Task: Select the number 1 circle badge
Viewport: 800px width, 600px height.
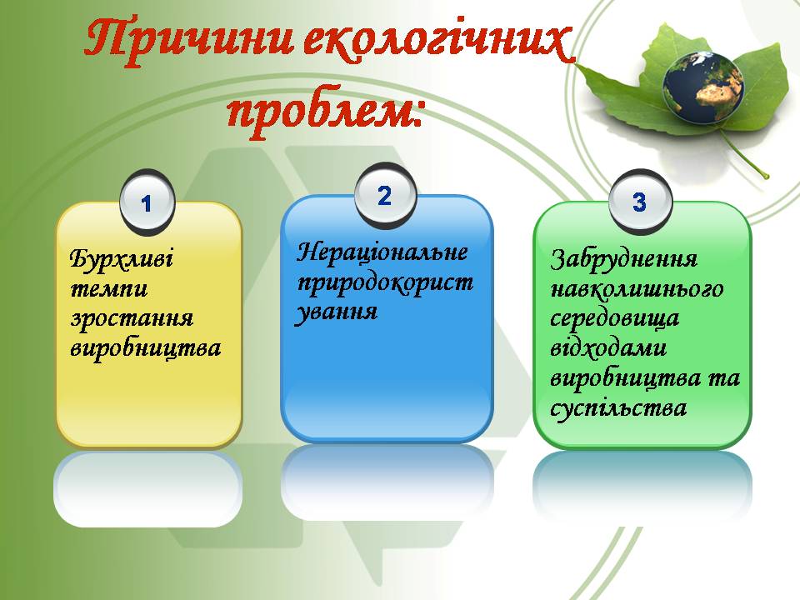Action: [x=147, y=202]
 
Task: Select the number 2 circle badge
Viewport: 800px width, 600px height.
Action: [x=383, y=196]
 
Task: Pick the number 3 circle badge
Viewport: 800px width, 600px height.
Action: [x=638, y=202]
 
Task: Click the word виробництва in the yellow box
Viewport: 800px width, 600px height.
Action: [x=146, y=348]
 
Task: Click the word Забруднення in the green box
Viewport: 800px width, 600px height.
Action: [x=624, y=259]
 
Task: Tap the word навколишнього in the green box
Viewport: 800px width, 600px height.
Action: [x=637, y=289]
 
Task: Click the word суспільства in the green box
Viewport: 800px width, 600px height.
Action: [x=618, y=408]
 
